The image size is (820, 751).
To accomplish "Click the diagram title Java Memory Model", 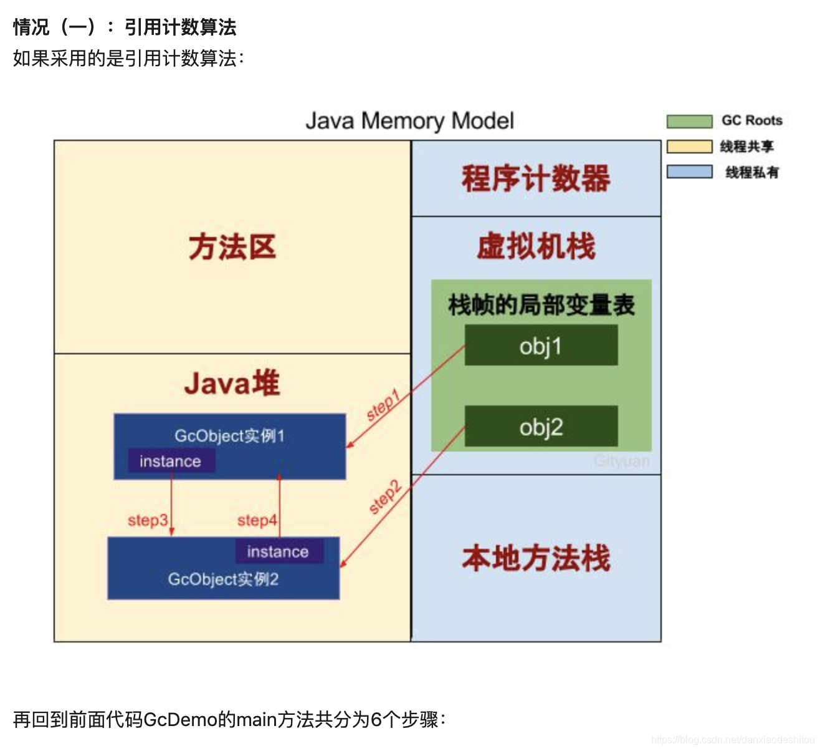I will click(x=409, y=120).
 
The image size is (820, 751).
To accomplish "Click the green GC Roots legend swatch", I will click(x=689, y=121).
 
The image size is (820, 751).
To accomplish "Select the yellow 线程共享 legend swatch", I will click(x=689, y=147).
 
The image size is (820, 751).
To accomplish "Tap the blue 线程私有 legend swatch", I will click(x=689, y=172).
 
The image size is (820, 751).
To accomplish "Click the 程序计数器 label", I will click(x=536, y=178).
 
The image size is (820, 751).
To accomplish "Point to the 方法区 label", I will click(x=232, y=247).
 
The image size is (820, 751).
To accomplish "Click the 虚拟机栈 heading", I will click(x=536, y=246).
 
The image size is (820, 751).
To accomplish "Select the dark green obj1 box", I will click(x=541, y=345).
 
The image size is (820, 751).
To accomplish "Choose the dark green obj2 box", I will click(x=541, y=427).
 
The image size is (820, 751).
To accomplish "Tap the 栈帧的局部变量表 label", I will click(x=541, y=305).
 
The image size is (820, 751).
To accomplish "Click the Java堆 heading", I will click(x=232, y=383).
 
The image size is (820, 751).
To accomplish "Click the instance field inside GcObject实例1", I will click(x=171, y=461).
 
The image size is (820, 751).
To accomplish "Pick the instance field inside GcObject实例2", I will click(x=279, y=551).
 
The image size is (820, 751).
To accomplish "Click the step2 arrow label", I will click(x=384, y=497).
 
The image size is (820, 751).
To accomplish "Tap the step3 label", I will click(x=148, y=520).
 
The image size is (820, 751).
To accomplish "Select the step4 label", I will click(x=257, y=520).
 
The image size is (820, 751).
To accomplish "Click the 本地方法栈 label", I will click(x=536, y=558).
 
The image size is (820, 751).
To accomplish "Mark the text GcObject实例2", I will click(x=223, y=579).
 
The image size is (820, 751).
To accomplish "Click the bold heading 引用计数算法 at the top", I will click(x=180, y=27).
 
